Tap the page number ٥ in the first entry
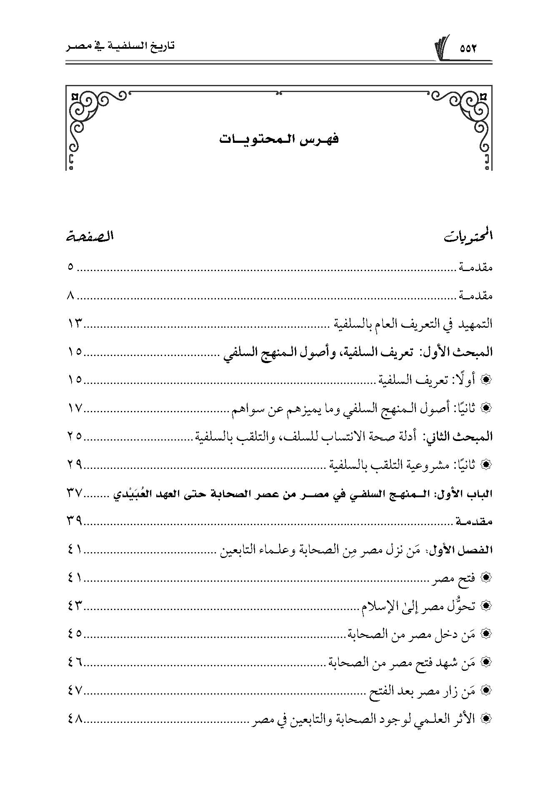(70, 267)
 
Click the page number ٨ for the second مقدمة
(70, 296)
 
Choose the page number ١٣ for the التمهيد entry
(75, 324)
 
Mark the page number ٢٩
(75, 465)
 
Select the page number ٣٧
(75, 493)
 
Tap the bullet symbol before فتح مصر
(485, 578)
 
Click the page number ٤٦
(75, 662)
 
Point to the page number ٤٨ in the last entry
(75, 719)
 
